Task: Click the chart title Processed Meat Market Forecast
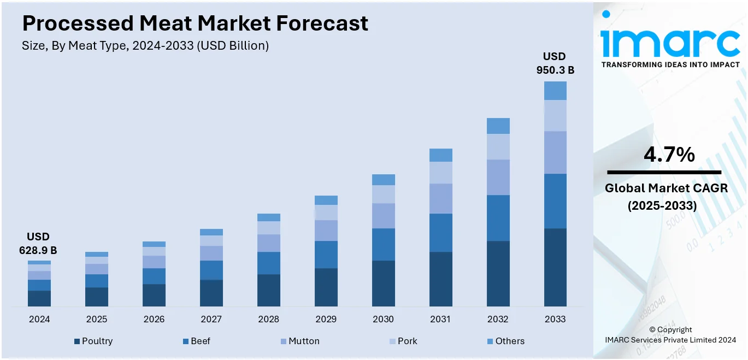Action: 195,23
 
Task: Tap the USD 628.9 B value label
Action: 38,244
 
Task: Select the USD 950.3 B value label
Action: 555,63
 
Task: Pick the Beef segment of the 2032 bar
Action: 498,217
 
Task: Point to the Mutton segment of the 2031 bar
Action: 440,198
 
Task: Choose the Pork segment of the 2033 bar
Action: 555,115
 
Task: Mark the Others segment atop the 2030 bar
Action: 383,180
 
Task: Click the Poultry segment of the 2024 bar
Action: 39,298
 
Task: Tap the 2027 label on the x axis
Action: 211,319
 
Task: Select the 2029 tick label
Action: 326,319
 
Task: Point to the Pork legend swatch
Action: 392,341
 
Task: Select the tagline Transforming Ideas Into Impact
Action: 670,64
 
